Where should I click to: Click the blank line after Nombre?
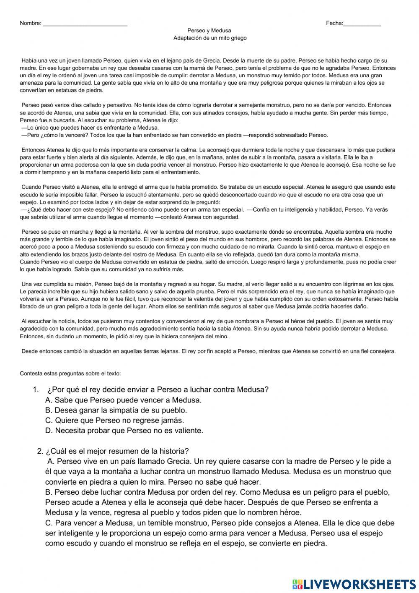click(x=85, y=24)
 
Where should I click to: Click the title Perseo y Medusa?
click(x=209, y=31)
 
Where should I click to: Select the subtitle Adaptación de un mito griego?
click(x=210, y=38)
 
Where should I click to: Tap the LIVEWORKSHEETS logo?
click(x=354, y=584)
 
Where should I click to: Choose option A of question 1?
click(x=123, y=400)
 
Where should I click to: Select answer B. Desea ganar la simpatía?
click(x=116, y=410)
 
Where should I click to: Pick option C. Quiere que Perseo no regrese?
click(x=114, y=420)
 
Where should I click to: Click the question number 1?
click(x=36, y=389)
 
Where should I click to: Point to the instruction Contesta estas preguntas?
click(x=70, y=373)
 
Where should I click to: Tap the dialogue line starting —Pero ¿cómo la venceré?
click(x=175, y=135)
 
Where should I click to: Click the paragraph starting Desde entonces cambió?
click(x=208, y=351)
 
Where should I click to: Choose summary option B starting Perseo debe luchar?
click(x=217, y=502)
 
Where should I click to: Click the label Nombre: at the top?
click(x=30, y=24)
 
